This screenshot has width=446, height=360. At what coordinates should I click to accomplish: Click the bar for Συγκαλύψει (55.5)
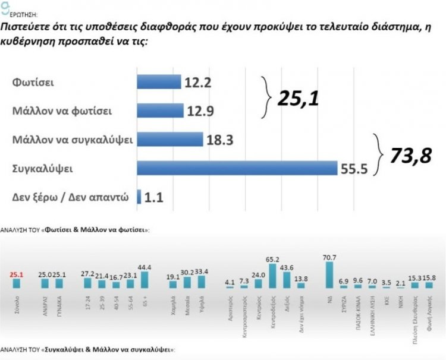[x=237, y=168]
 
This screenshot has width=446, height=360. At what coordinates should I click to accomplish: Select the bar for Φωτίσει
[x=159, y=81]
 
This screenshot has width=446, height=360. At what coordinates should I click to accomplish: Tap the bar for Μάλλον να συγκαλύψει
[x=170, y=139]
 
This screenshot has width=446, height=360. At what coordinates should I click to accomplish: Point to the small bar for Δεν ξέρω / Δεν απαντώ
[x=139, y=196]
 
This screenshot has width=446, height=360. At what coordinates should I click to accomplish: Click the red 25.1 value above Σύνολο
[x=21, y=275]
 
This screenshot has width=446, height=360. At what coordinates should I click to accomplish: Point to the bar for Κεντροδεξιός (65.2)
[x=272, y=276]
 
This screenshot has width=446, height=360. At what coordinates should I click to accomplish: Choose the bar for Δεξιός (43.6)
[x=287, y=280]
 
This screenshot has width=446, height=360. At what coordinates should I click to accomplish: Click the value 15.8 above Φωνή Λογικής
[x=430, y=276]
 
